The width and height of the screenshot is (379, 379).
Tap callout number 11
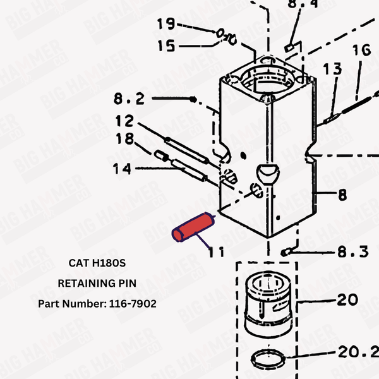click(216, 252)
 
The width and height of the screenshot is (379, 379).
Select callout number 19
click(166, 24)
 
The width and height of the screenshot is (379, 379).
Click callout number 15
click(166, 45)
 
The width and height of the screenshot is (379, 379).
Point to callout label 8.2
click(129, 99)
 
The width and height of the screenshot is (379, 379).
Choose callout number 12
click(124, 120)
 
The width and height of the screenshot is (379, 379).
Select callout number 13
click(332, 68)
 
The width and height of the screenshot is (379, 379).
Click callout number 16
click(361, 49)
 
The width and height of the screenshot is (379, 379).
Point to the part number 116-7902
click(97, 304)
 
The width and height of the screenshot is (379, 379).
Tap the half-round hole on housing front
click(267, 172)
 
